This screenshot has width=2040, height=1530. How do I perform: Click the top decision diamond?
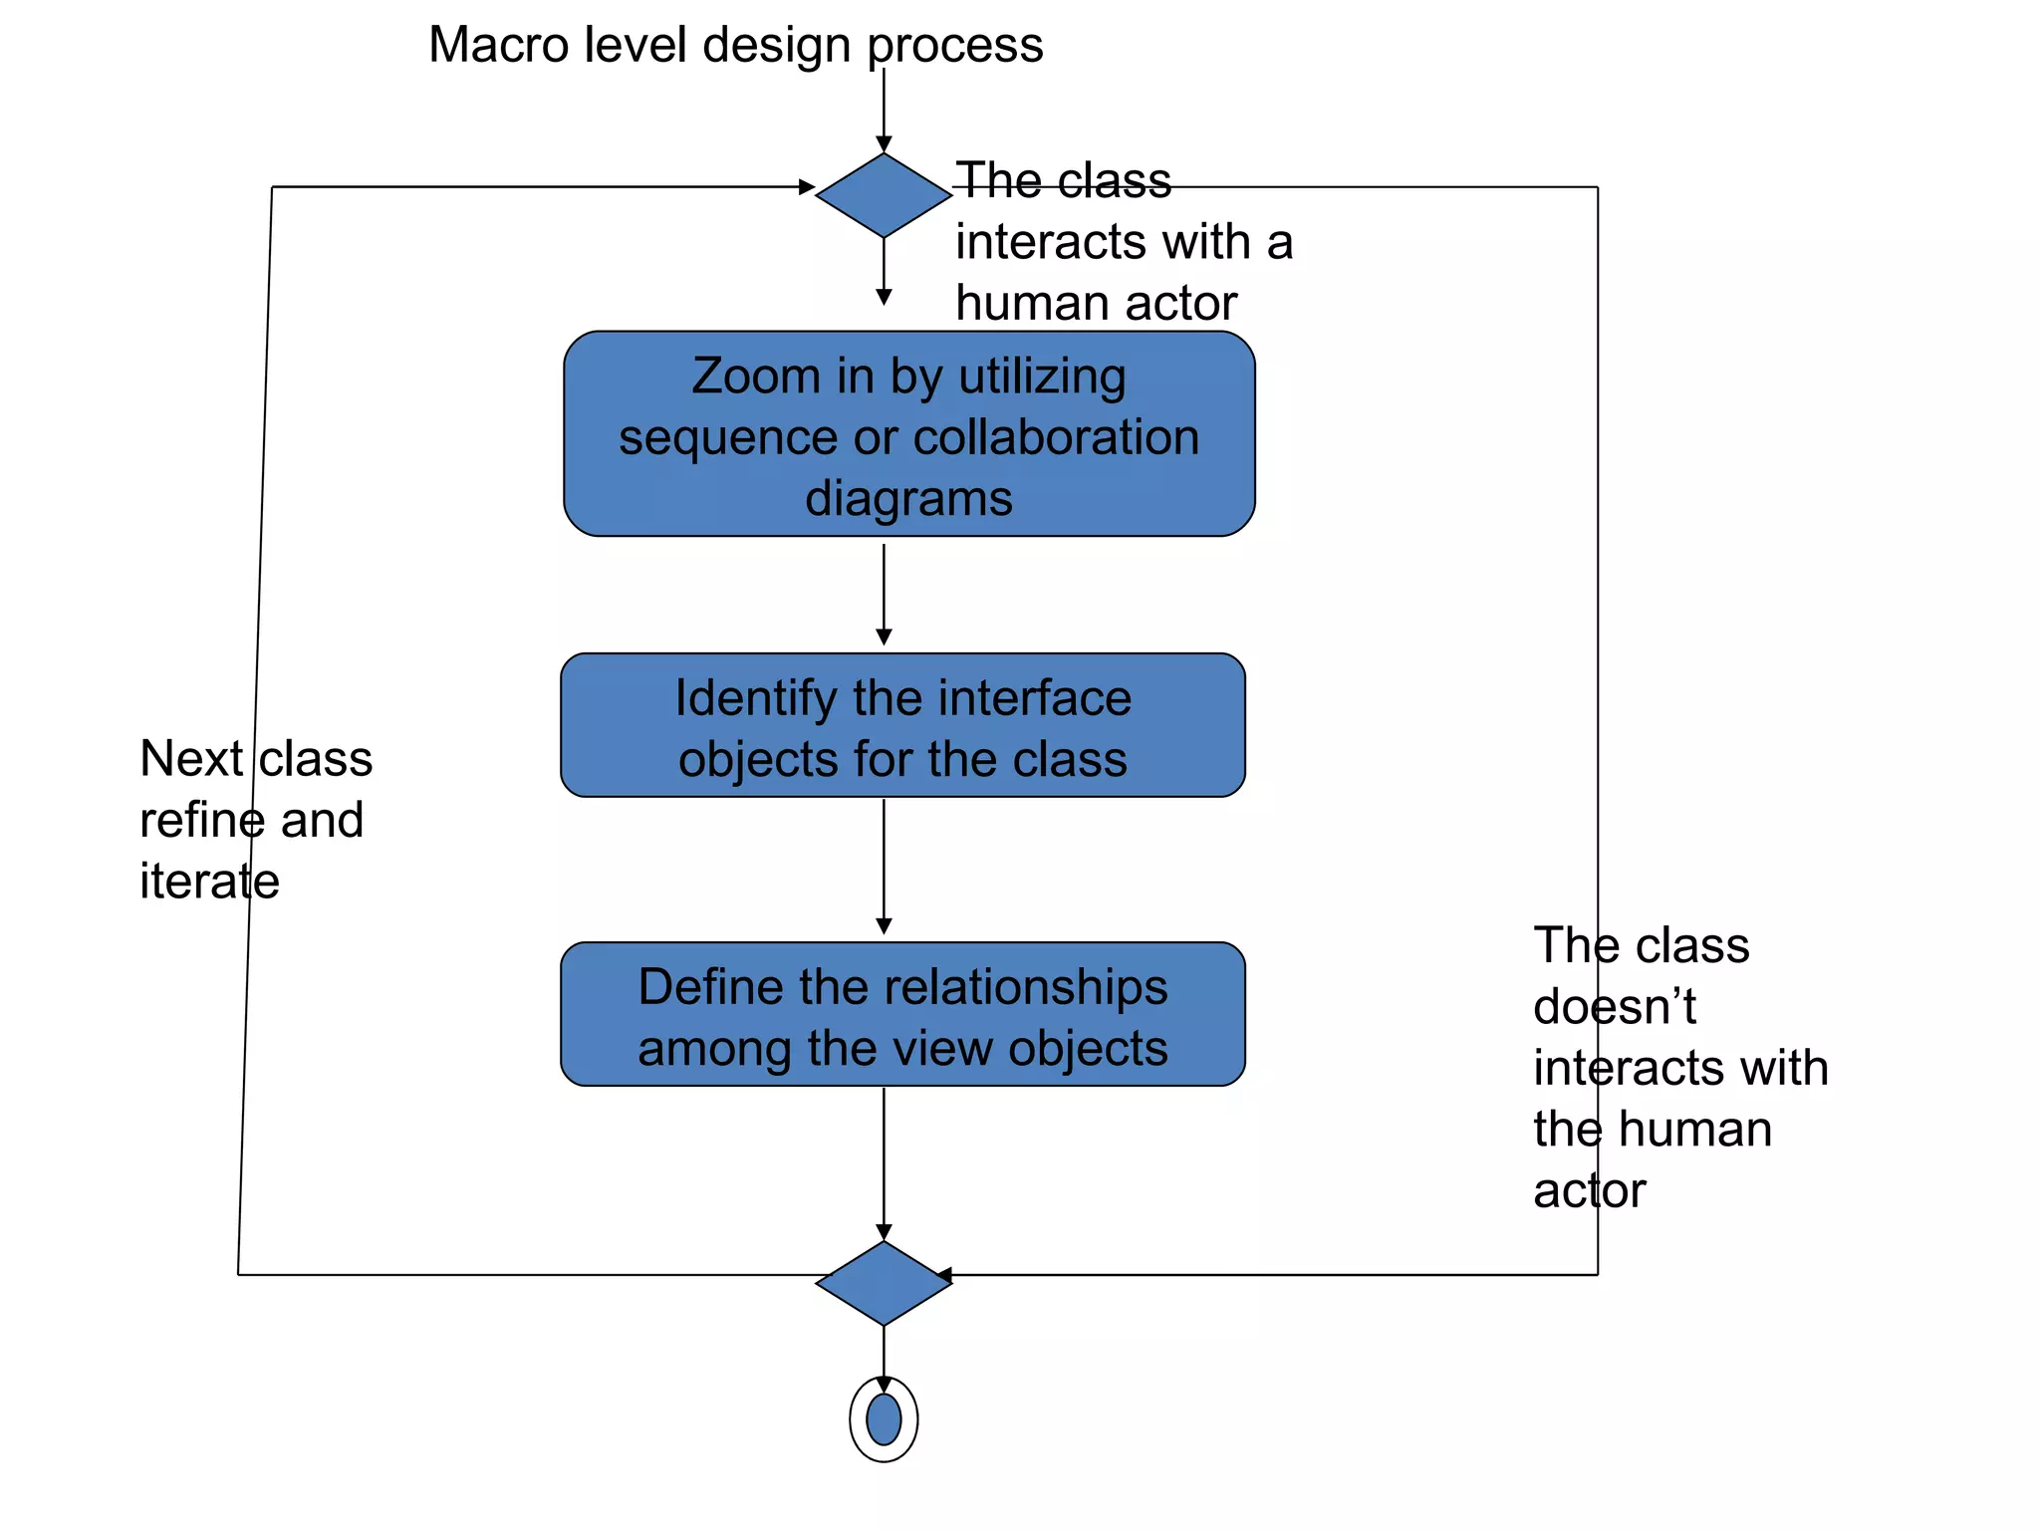[884, 195]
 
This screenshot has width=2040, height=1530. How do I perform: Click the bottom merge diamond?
[884, 1283]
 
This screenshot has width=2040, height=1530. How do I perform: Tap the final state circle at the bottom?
[884, 1418]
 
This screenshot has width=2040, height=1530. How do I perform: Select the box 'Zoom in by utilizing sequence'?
[908, 434]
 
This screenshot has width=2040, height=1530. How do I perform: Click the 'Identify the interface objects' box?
[902, 725]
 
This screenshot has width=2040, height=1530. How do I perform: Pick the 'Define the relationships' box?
[902, 1014]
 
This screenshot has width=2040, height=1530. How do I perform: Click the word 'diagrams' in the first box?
[908, 498]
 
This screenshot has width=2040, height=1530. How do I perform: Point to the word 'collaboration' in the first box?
[1056, 437]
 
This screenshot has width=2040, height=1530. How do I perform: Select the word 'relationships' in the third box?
[1026, 987]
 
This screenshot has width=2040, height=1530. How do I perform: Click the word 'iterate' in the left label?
[209, 881]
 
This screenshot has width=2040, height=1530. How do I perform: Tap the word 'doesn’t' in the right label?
[1614, 1006]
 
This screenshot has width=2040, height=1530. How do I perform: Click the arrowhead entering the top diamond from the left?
[807, 186]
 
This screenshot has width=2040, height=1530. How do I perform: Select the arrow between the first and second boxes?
[884, 594]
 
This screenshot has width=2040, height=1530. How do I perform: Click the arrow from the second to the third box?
[884, 867]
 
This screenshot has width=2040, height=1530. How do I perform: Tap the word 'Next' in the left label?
[191, 759]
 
